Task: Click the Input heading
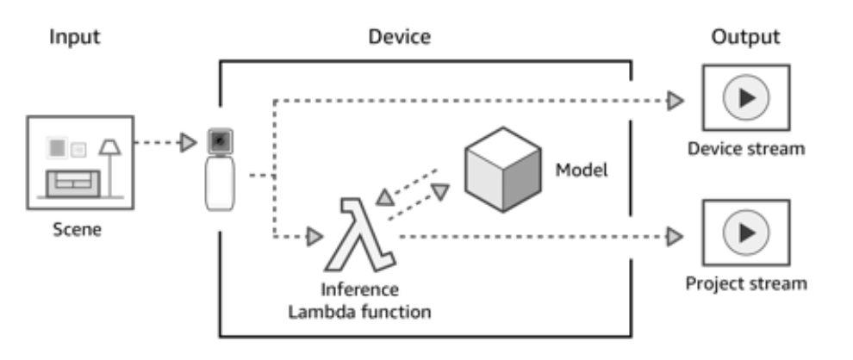click(x=74, y=37)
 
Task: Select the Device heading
click(x=400, y=37)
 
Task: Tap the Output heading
click(x=745, y=37)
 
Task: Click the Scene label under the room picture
click(x=77, y=230)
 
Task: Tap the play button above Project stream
click(x=746, y=233)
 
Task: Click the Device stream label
click(x=746, y=149)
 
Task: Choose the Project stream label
click(x=746, y=283)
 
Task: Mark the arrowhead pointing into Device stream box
click(x=676, y=102)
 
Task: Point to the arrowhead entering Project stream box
click(x=676, y=234)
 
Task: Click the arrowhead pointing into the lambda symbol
click(x=314, y=234)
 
